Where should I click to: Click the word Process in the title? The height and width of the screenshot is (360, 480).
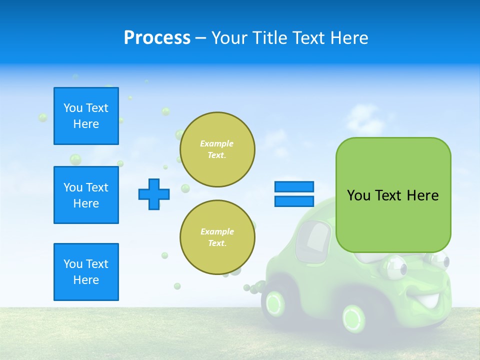click(x=157, y=38)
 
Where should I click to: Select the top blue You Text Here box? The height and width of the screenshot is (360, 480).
click(x=86, y=116)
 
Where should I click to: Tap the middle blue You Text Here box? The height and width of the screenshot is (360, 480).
click(x=86, y=195)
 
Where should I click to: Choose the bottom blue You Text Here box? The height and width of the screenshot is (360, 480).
click(x=86, y=272)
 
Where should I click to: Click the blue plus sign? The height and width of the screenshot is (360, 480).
click(x=154, y=194)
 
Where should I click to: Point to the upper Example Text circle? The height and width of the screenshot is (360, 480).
click(x=217, y=149)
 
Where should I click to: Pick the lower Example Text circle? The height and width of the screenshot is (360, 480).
click(x=217, y=237)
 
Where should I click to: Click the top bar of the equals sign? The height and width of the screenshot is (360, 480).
click(x=294, y=186)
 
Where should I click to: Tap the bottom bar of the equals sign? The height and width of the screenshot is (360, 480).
click(x=294, y=201)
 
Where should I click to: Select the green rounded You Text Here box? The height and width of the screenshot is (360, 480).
click(x=393, y=195)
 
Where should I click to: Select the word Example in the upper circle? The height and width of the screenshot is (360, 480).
click(x=216, y=143)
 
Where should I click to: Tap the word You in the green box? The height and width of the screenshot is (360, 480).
click(x=358, y=195)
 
